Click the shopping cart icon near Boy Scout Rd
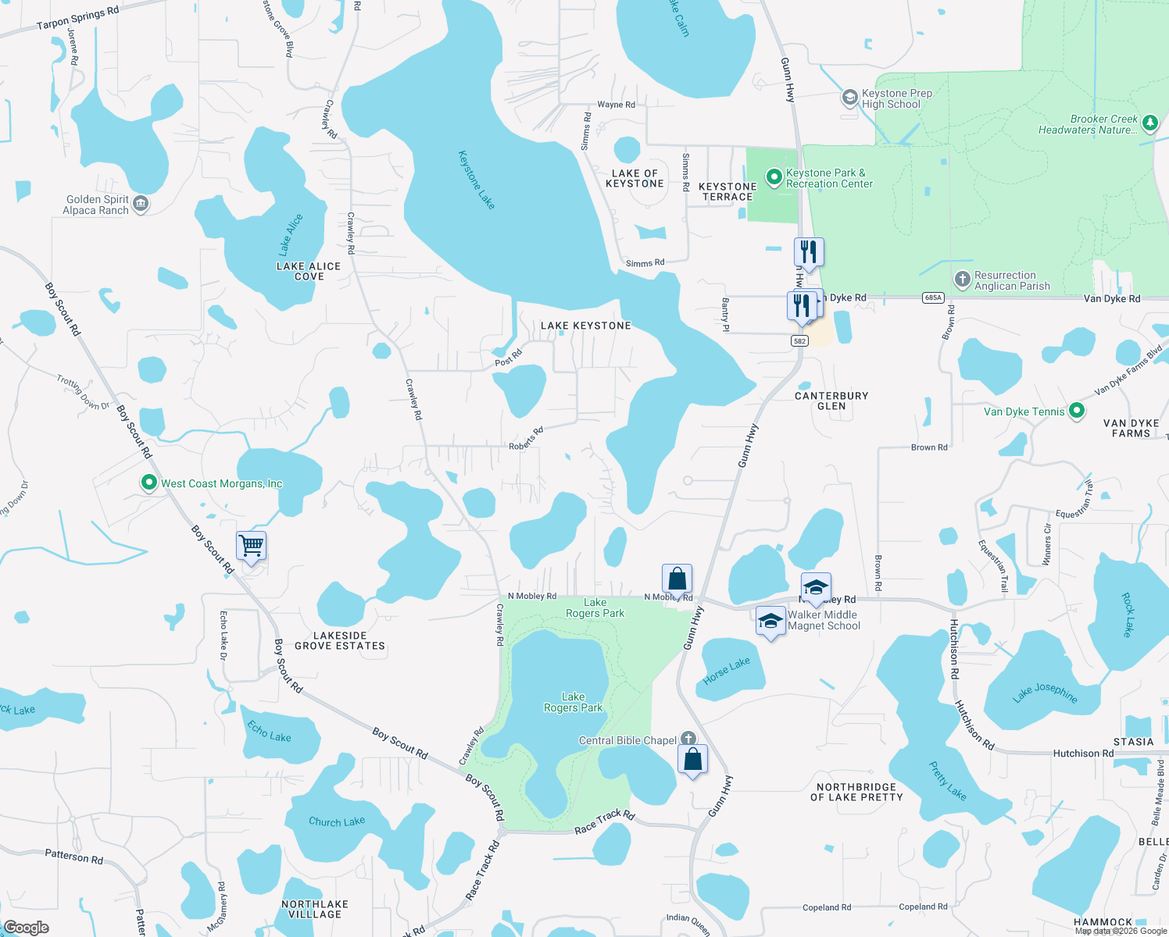pos(251,545)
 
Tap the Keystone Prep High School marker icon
pos(849,98)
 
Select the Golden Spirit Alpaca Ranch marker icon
pos(141,204)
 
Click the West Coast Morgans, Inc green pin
pos(148,483)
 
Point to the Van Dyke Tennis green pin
pos(1076,410)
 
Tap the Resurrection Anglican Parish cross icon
pos(963,279)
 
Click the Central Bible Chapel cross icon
pos(688,739)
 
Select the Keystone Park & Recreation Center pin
pos(774,177)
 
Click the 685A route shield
pos(933,297)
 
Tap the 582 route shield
pos(799,340)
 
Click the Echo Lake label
pos(269,732)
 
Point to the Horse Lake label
pos(727,671)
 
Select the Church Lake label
pos(337,821)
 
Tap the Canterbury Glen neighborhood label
pos(831,401)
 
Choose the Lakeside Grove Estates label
pos(340,640)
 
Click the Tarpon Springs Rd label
pos(78,18)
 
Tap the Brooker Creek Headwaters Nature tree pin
pos(1149,123)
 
